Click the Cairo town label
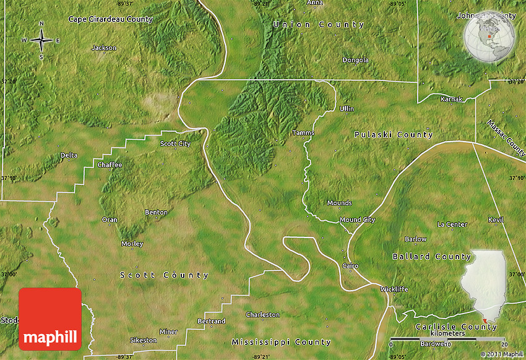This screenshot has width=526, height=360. (x=350, y=265)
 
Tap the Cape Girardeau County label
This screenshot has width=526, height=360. (x=110, y=19)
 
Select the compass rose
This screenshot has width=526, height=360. (x=41, y=41)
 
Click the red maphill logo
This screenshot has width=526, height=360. (x=50, y=319)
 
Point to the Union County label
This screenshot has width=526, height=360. (x=319, y=25)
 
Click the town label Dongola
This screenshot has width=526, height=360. (x=356, y=60)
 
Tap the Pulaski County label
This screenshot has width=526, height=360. (x=393, y=135)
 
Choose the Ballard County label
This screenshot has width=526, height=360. (x=431, y=256)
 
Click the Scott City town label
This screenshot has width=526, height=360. (x=176, y=144)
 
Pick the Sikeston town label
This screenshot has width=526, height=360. (x=144, y=340)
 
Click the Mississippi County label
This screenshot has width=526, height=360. (x=281, y=342)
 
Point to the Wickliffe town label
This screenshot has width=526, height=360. (x=394, y=289)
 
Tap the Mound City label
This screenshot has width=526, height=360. (x=357, y=220)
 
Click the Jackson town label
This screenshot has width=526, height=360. (x=104, y=48)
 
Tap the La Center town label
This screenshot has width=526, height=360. (x=452, y=224)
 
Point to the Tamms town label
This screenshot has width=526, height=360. (x=303, y=133)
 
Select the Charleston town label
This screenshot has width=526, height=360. (x=262, y=315)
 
